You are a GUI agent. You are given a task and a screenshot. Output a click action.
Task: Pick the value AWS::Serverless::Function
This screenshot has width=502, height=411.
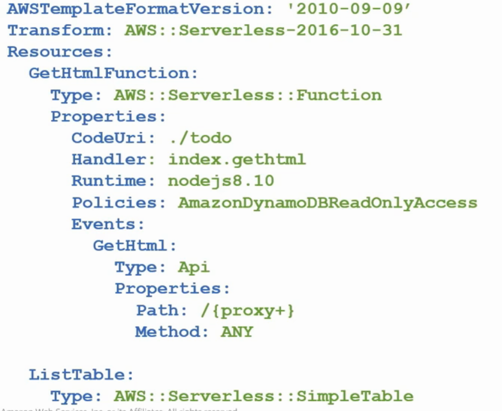(247, 95)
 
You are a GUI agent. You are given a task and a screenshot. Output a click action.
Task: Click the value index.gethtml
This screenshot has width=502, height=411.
(237, 159)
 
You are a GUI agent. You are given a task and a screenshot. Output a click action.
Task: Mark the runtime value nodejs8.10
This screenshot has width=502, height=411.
(221, 181)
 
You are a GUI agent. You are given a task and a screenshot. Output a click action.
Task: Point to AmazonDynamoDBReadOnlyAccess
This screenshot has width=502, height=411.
(327, 203)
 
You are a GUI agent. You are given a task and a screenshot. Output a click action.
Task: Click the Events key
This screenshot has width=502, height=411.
(105, 224)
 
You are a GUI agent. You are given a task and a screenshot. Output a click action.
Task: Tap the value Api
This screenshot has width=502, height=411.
(194, 267)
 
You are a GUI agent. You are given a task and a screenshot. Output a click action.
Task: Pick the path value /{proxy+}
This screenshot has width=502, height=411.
(248, 310)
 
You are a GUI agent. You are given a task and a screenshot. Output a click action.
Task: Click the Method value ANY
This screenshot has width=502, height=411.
(237, 332)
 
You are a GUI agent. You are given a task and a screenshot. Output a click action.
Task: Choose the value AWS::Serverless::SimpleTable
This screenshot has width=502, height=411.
(264, 396)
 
